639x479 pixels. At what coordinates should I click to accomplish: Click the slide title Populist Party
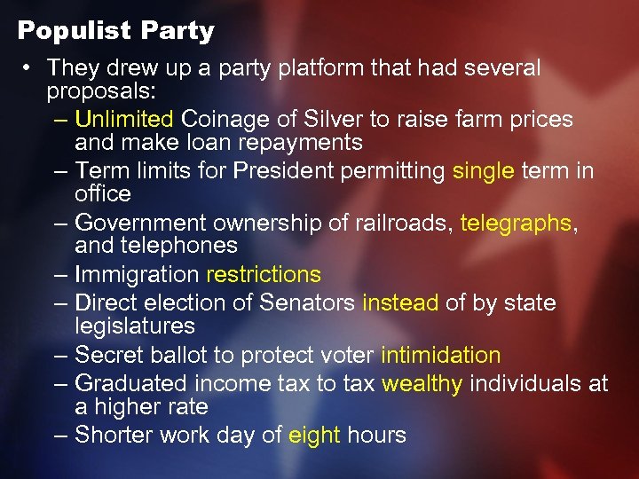point(116,31)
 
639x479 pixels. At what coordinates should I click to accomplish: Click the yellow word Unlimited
point(124,119)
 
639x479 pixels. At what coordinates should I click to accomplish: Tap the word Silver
point(333,119)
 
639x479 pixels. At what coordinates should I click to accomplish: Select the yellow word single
point(483,171)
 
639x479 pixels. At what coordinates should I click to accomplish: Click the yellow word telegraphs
point(517,224)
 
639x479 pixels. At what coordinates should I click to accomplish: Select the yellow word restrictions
point(263,275)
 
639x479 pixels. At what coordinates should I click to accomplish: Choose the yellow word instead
point(400,303)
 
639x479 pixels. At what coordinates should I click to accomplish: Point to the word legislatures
point(134,326)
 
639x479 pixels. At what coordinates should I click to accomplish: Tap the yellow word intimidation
point(440,356)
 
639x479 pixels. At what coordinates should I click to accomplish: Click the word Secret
point(108,356)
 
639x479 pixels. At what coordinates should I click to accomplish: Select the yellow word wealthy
point(422,384)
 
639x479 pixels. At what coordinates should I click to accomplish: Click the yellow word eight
point(314,436)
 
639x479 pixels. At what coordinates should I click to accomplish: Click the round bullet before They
point(29,68)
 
